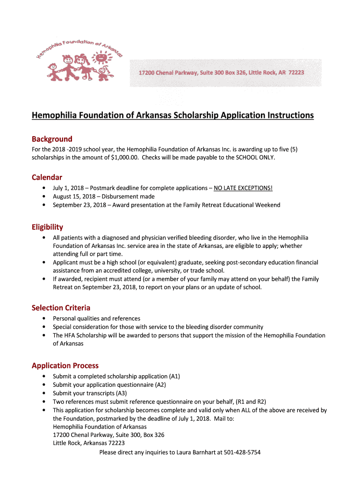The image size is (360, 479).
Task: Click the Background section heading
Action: tap(52, 139)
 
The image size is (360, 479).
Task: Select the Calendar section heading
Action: tap(47, 177)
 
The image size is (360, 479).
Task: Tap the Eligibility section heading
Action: tap(47, 227)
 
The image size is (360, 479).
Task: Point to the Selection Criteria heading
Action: tap(61, 307)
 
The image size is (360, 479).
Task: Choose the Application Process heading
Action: tap(65, 365)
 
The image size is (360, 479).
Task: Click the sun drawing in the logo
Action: tap(100, 58)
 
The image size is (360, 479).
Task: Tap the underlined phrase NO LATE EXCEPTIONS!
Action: tap(243, 188)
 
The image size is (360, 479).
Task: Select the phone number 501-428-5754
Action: tap(242, 452)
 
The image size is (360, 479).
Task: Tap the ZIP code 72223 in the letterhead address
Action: tap(296, 73)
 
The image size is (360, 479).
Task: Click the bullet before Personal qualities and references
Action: tap(43, 319)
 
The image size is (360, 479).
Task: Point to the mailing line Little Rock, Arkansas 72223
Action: tap(89, 443)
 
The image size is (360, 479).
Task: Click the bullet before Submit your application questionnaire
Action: tap(43, 385)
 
